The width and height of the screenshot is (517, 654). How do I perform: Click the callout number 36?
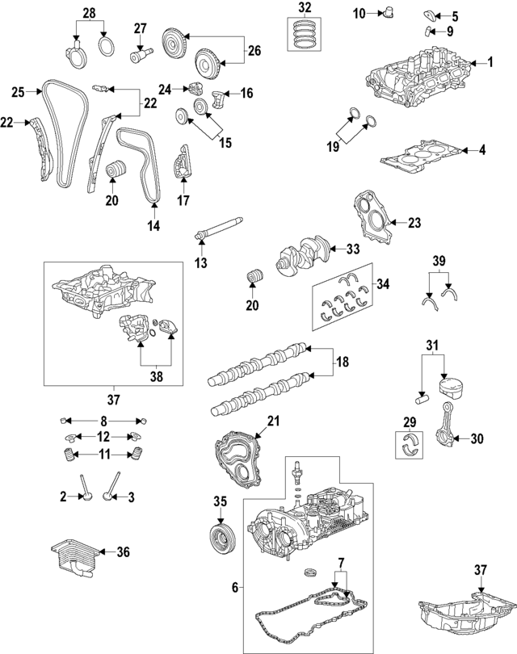[123, 552]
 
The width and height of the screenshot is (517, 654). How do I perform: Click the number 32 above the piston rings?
[304, 8]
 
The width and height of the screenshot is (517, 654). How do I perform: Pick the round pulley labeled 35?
[218, 538]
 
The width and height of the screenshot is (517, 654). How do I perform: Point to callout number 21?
[272, 421]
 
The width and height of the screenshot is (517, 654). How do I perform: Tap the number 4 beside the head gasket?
[481, 149]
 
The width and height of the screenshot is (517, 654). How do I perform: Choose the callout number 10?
[359, 12]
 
